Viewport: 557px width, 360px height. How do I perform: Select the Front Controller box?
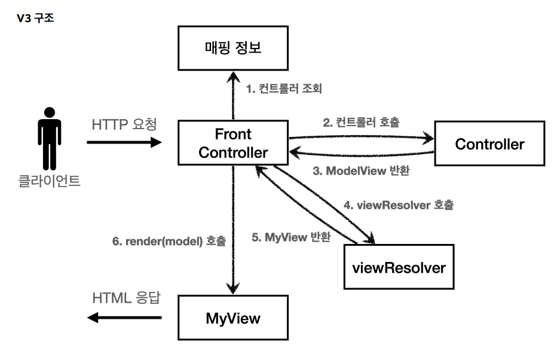(233, 143)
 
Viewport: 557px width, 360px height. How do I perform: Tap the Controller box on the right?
(489, 144)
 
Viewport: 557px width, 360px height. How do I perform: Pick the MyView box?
(233, 318)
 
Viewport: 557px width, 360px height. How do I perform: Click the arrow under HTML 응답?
(125, 318)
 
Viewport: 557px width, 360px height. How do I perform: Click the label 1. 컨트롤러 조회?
(284, 90)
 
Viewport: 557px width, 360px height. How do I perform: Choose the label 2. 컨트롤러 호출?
(362, 123)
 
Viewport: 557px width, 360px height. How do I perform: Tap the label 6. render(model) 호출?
(169, 242)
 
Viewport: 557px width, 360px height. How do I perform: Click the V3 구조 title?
(37, 19)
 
